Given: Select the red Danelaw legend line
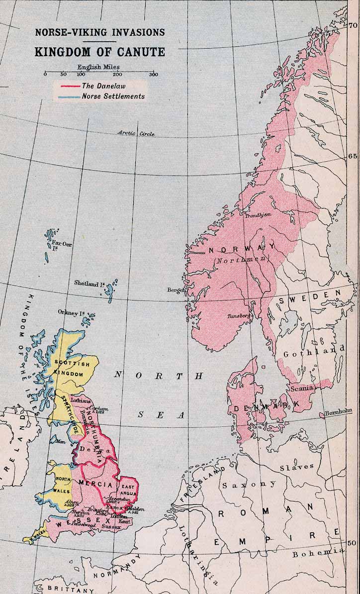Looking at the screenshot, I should (x=69, y=86).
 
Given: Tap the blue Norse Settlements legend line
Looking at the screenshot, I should (x=69, y=97).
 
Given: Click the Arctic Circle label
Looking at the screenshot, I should (x=136, y=133).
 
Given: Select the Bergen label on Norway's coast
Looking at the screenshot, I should (x=176, y=290).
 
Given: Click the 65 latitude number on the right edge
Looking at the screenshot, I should (x=353, y=156).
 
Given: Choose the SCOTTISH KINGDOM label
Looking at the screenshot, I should (x=73, y=369).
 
